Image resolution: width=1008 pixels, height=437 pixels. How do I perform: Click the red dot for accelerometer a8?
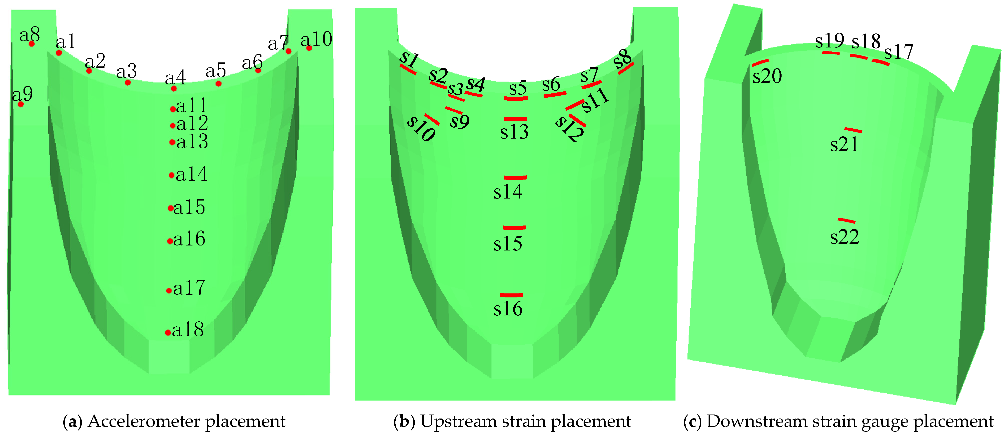(x=32, y=44)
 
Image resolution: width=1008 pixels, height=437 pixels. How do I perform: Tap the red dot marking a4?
(x=174, y=89)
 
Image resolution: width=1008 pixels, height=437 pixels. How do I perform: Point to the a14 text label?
(x=191, y=174)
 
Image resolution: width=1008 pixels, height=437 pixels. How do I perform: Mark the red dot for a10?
(x=309, y=48)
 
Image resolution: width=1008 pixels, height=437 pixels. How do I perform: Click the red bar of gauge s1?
(x=408, y=70)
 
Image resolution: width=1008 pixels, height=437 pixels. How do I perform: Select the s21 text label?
(x=845, y=145)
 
